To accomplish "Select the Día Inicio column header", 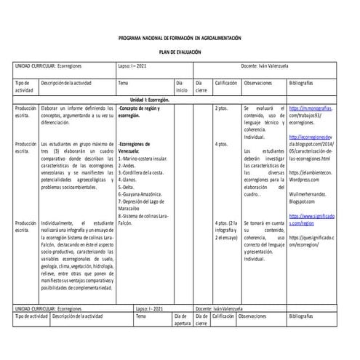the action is (183, 87).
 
